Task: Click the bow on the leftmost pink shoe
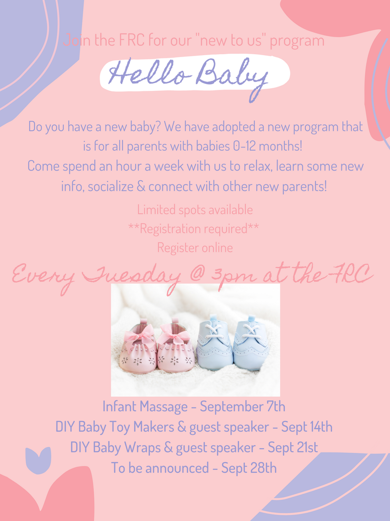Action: pyautogui.click(x=139, y=336)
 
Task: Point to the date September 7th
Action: pyautogui.click(x=242, y=407)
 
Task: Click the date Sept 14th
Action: pyautogui.click(x=307, y=427)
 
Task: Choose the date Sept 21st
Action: pyautogui.click(x=293, y=447)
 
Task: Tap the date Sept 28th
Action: pyautogui.click(x=249, y=468)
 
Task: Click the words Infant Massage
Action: pyautogui.click(x=145, y=407)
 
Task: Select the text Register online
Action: pyautogui.click(x=195, y=248)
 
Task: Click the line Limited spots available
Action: pyautogui.click(x=195, y=210)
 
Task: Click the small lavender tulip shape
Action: pyautogui.click(x=38, y=460)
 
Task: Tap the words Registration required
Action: pyautogui.click(x=194, y=229)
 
